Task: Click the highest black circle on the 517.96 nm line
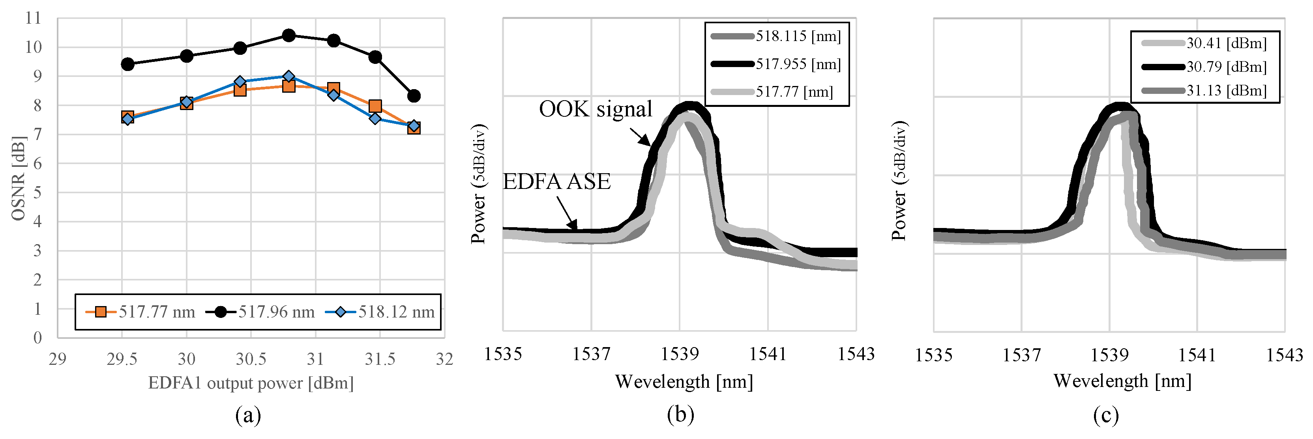coord(288,35)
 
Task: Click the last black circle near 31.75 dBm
coord(414,96)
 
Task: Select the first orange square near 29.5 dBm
coord(127,117)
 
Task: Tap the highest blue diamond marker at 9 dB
coord(288,77)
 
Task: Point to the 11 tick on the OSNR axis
coord(33,18)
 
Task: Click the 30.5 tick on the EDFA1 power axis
coord(251,359)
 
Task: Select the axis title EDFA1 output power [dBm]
coord(251,383)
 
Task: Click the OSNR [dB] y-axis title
coord(18,178)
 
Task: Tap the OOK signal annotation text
coord(596,109)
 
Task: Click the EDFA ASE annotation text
coord(556,182)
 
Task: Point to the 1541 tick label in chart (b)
coord(768,354)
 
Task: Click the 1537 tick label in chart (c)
coord(1021,355)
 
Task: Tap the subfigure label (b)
coord(680,415)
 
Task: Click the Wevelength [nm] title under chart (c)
coord(1122,381)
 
